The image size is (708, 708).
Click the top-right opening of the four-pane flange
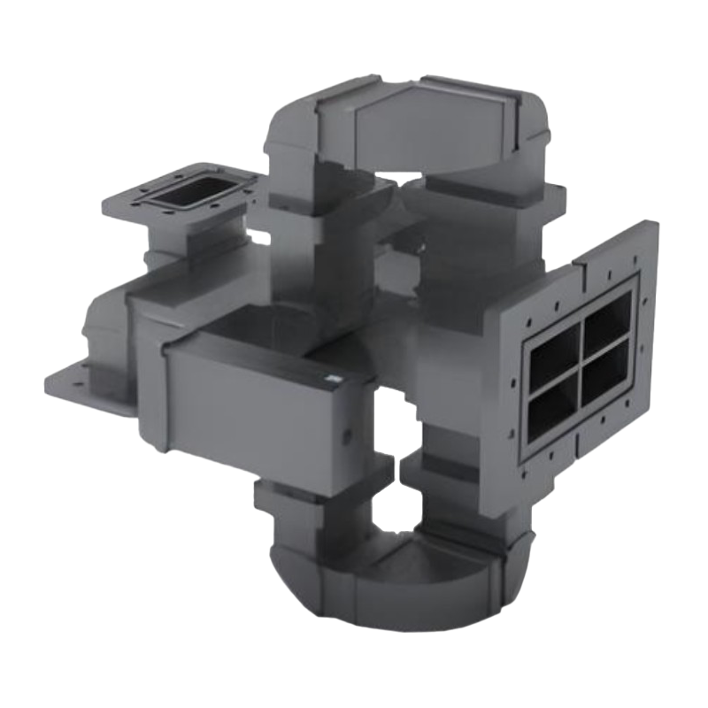coord(606,320)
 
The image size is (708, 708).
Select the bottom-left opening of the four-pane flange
coord(556,404)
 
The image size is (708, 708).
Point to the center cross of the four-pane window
coord(581,363)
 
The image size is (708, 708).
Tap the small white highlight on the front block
coord(334,378)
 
